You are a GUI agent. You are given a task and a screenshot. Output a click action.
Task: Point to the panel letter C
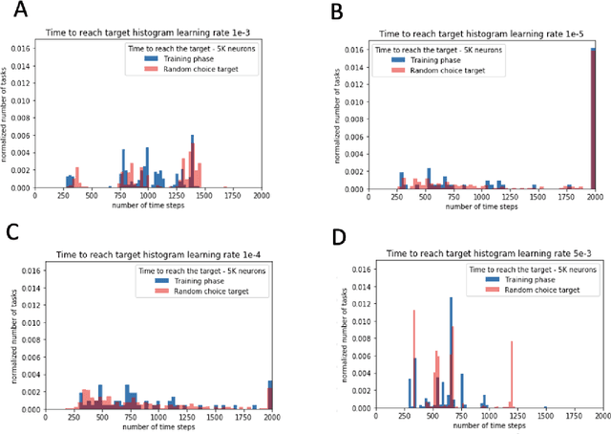click(12, 232)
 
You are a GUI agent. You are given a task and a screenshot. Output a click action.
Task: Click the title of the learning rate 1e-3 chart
click(154, 31)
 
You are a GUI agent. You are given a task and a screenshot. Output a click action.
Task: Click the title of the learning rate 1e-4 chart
click(154, 251)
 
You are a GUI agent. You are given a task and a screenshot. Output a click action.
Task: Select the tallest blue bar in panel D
click(452, 353)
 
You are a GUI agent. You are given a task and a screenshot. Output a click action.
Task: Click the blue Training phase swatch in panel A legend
click(150, 57)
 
